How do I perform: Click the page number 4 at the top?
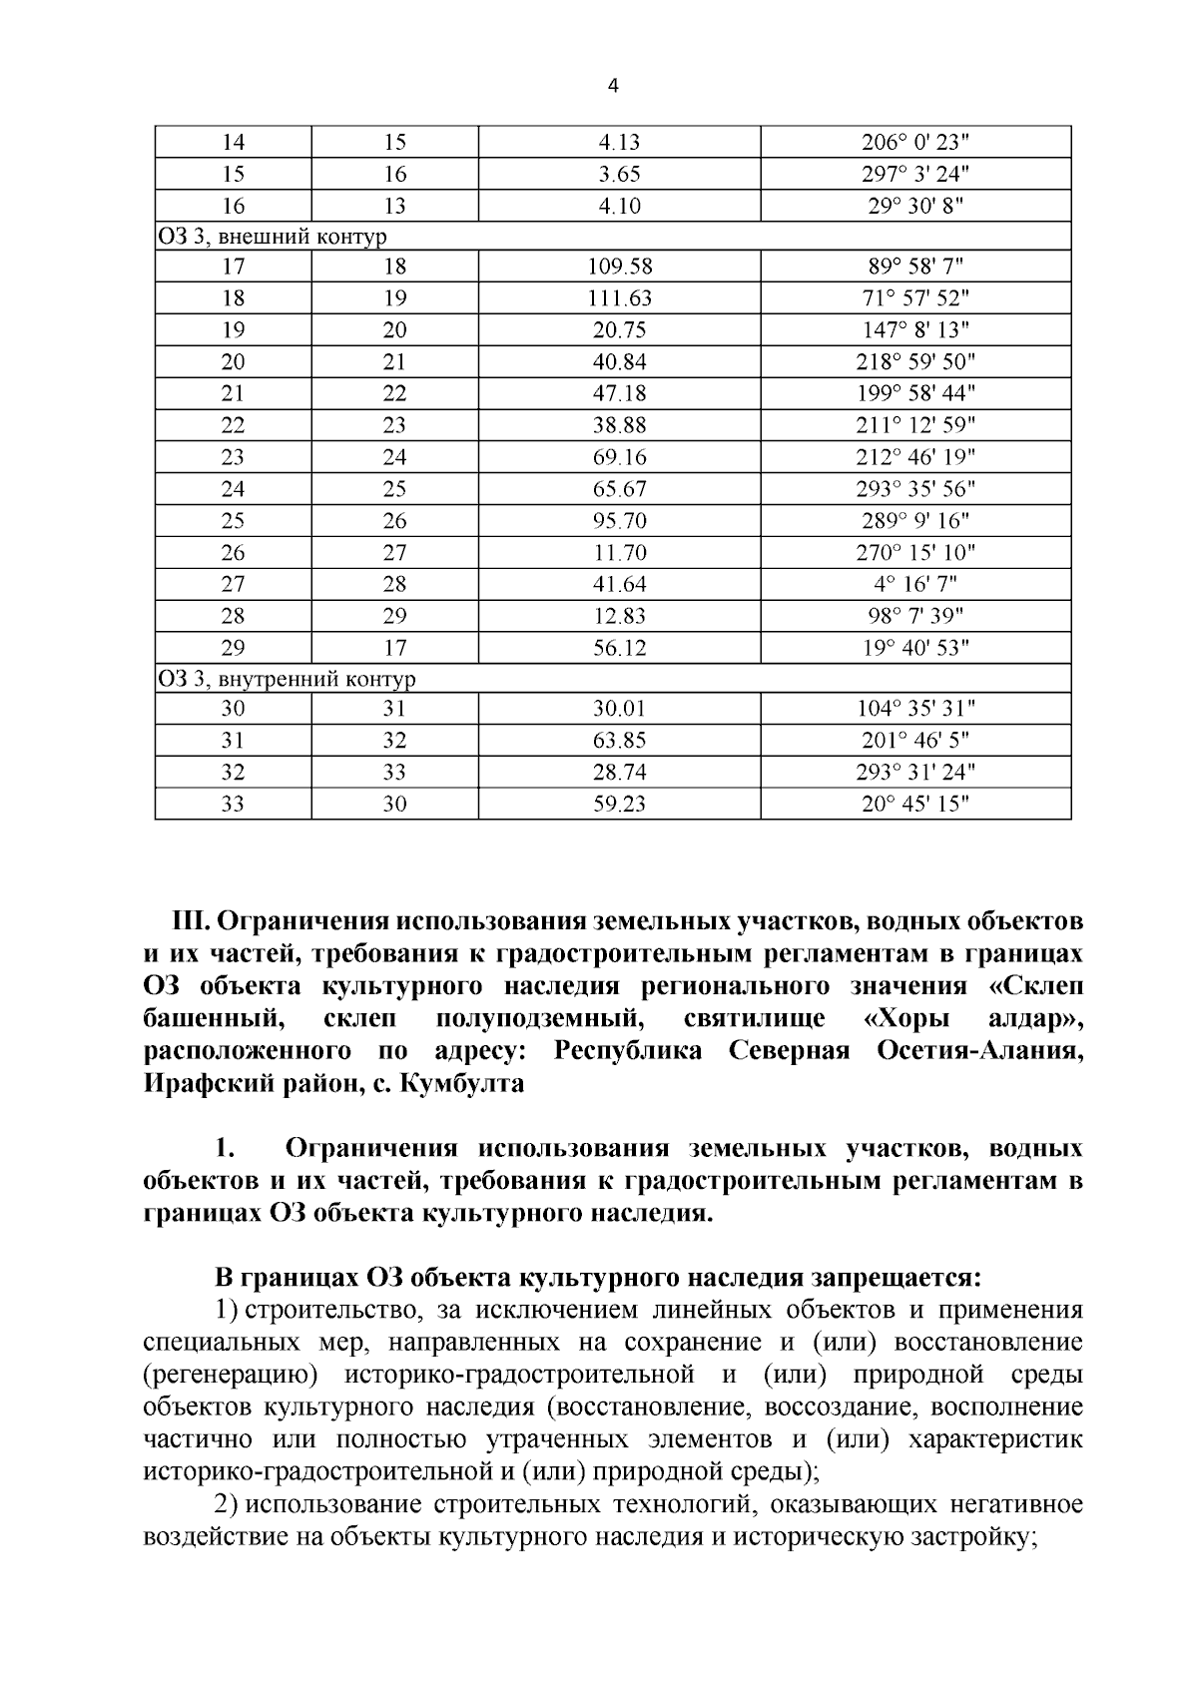613,87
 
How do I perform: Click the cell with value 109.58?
620,267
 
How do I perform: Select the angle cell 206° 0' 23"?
915,143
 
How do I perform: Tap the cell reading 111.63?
620,298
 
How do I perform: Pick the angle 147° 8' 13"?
915,330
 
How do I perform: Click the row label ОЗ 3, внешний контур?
272,237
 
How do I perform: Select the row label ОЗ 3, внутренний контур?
286,680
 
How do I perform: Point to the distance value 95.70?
620,521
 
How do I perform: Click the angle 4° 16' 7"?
915,584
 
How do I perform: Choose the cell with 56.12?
620,648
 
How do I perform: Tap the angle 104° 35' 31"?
915,710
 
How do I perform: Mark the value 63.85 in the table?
620,741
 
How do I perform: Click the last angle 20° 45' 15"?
915,805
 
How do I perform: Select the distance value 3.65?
620,175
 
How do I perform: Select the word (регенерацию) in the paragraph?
231,1375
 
